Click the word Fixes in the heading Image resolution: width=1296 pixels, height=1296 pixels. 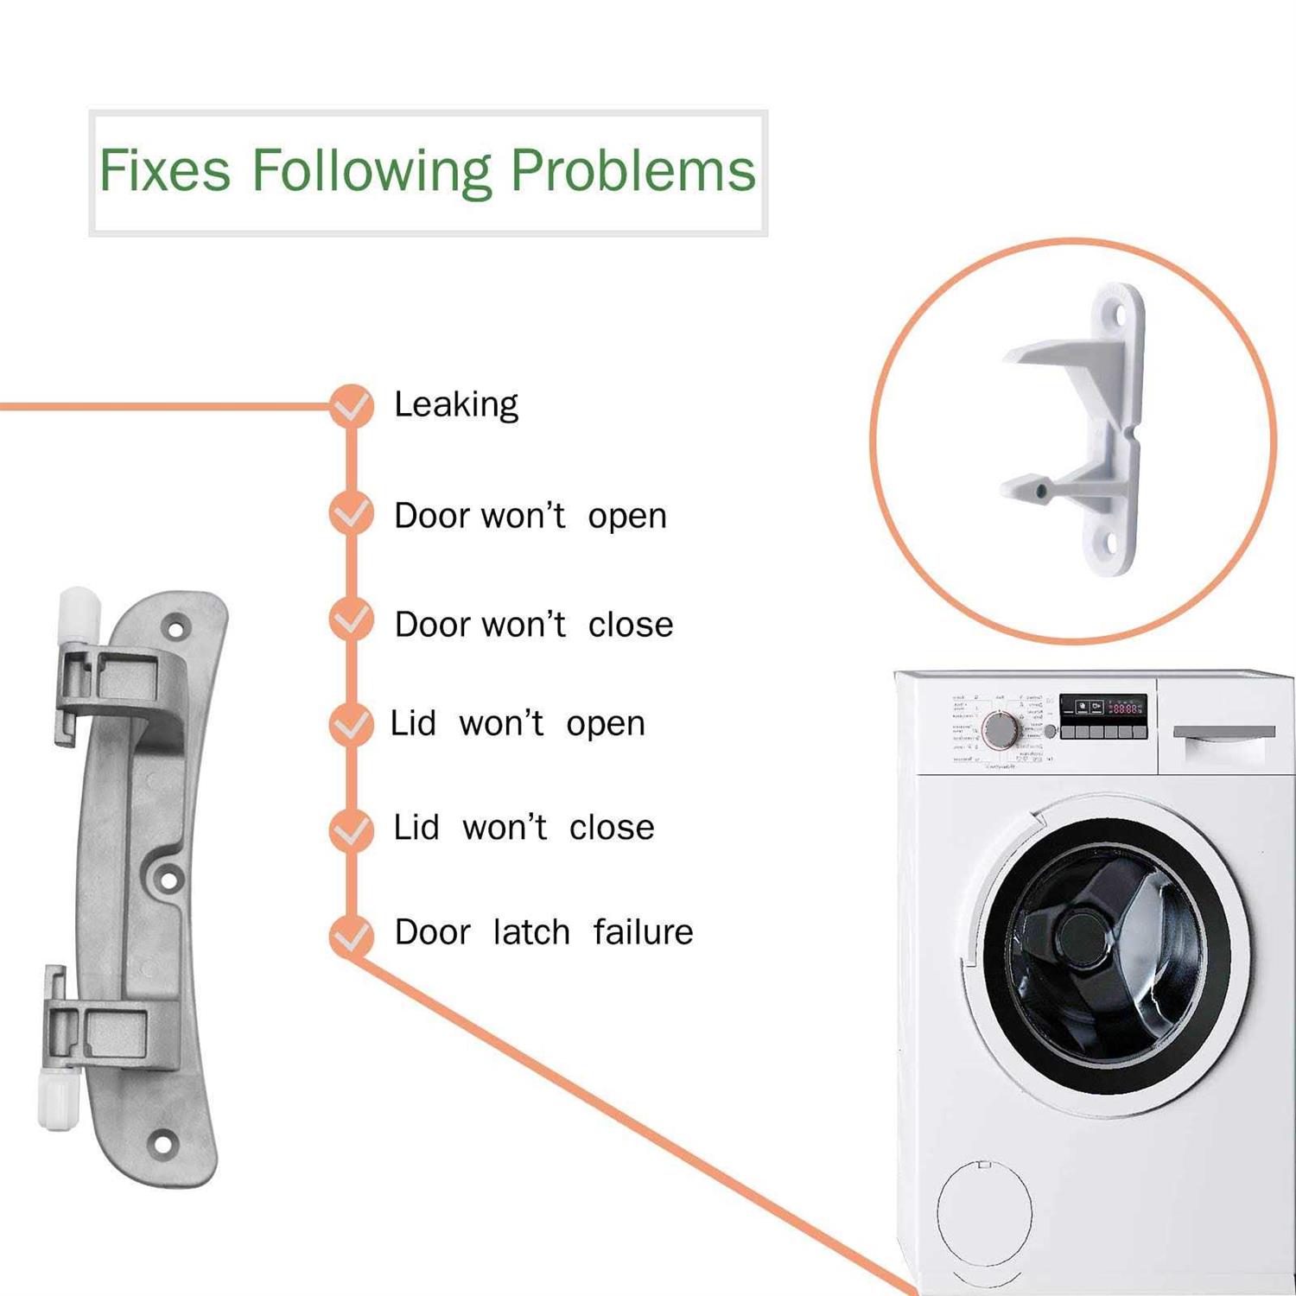165,170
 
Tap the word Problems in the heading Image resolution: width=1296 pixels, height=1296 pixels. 632,170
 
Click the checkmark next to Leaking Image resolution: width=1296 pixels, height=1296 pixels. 352,405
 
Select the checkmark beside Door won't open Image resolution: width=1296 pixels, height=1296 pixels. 352,514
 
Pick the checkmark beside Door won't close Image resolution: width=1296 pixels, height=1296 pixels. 352,620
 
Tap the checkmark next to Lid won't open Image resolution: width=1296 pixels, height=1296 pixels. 352,724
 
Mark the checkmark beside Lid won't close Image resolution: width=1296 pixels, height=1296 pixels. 352,829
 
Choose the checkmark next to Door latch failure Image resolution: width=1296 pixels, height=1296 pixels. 352,935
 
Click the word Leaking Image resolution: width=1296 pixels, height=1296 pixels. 455,404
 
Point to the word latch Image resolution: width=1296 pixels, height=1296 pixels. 531,932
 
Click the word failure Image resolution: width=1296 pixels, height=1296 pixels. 643,932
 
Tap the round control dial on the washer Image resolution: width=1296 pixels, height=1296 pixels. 1001,731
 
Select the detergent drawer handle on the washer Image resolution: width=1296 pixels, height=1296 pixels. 1223,733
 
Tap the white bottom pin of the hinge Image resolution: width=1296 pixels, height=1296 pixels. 59,1099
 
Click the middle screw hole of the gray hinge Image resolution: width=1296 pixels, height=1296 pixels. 168,880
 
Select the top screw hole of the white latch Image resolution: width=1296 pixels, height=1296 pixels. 1118,315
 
